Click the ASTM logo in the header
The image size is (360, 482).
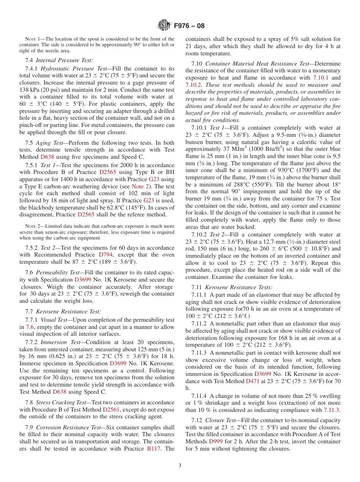click(x=164, y=26)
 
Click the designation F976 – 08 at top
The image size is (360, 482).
click(x=189, y=26)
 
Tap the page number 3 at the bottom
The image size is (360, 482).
click(x=180, y=465)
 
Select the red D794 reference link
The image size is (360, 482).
click(x=105, y=255)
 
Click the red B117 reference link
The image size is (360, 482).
click(x=153, y=449)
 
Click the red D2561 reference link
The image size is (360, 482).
click(x=111, y=410)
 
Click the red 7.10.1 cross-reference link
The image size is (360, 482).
click(x=321, y=78)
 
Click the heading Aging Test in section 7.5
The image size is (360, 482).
click(x=49, y=143)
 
